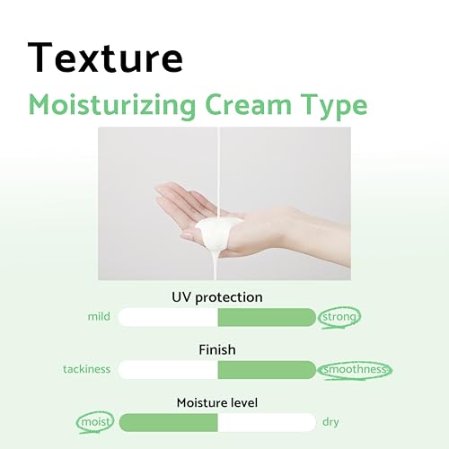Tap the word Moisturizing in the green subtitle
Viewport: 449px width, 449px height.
pyautogui.click(x=125, y=104)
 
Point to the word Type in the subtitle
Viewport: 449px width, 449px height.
pyautogui.click(x=335, y=105)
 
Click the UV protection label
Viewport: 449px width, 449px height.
pyautogui.click(x=217, y=296)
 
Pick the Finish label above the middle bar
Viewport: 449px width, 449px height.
pyautogui.click(x=217, y=349)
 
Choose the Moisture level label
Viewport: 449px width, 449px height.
pyautogui.click(x=217, y=402)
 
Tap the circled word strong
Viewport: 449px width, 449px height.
pyautogui.click(x=341, y=316)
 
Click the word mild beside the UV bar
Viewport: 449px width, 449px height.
pyautogui.click(x=99, y=317)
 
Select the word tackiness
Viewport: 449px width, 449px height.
pyautogui.click(x=86, y=369)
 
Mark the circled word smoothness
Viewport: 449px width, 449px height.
pyautogui.click(x=356, y=369)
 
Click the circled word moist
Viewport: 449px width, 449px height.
pyautogui.click(x=95, y=421)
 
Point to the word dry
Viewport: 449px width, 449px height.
pyautogui.click(x=331, y=422)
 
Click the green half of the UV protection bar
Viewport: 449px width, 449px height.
pyautogui.click(x=267, y=317)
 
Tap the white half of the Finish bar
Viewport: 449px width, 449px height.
pyautogui.click(x=168, y=369)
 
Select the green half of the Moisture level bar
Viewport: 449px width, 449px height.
pyautogui.click(x=168, y=422)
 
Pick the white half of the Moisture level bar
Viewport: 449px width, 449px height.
pyautogui.click(x=267, y=422)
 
